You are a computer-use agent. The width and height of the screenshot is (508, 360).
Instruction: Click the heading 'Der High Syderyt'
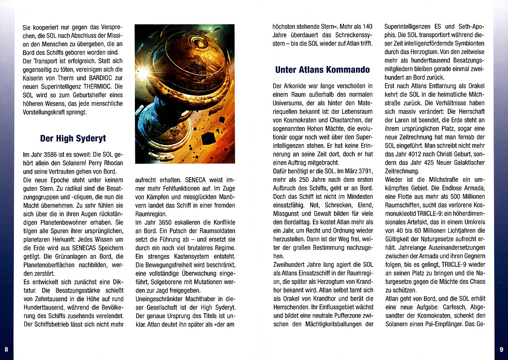[x=73, y=138]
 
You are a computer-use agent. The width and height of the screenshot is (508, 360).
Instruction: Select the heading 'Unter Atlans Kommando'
[x=322, y=69]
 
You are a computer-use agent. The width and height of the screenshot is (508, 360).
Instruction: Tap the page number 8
[x=6, y=349]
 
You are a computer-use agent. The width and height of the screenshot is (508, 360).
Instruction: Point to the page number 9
[x=501, y=349]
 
